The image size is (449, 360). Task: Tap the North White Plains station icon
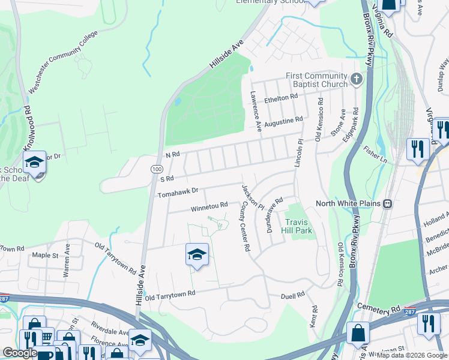pos(388,204)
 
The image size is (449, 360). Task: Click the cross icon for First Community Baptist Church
pos(357,79)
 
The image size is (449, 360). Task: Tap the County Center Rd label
pos(246,226)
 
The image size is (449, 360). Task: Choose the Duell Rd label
pos(293,296)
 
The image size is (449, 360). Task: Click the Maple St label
pos(44,255)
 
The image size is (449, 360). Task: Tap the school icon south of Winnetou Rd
pos(197,256)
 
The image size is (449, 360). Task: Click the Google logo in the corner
pos(20,353)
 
